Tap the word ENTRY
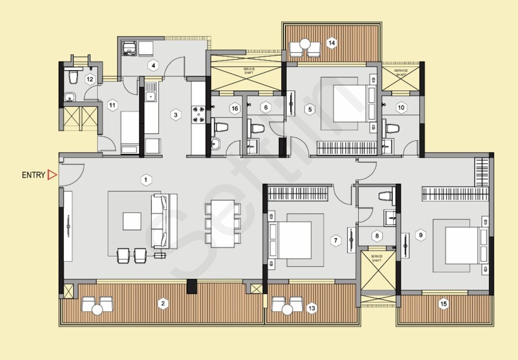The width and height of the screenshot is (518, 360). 34,175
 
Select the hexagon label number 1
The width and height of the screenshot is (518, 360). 146,180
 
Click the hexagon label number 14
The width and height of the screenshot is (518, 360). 331,43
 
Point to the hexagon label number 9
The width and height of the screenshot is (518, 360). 421,235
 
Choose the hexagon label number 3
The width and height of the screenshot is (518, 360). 176,115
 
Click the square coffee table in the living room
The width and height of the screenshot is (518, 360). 132,221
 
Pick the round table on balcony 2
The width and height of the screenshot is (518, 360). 97,310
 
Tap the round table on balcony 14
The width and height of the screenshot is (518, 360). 305,44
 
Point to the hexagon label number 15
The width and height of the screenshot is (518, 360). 444,304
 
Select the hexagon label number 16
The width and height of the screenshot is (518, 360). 235,109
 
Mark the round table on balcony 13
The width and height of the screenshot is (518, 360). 287,310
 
